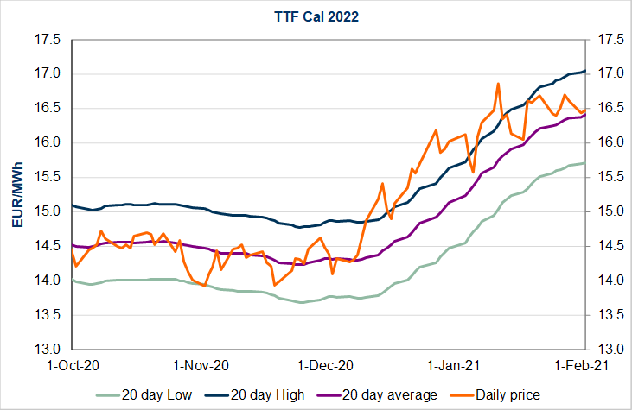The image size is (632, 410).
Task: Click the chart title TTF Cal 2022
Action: [316, 16]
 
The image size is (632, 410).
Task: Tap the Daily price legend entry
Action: [508, 394]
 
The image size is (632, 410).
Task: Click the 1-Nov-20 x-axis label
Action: [200, 365]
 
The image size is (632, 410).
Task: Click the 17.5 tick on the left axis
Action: [47, 39]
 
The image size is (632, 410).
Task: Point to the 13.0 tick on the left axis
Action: [47, 350]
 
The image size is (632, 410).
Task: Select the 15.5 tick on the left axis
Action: [47, 177]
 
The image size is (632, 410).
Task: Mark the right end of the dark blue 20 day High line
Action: [585, 71]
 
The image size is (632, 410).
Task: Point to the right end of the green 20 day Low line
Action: [585, 163]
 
